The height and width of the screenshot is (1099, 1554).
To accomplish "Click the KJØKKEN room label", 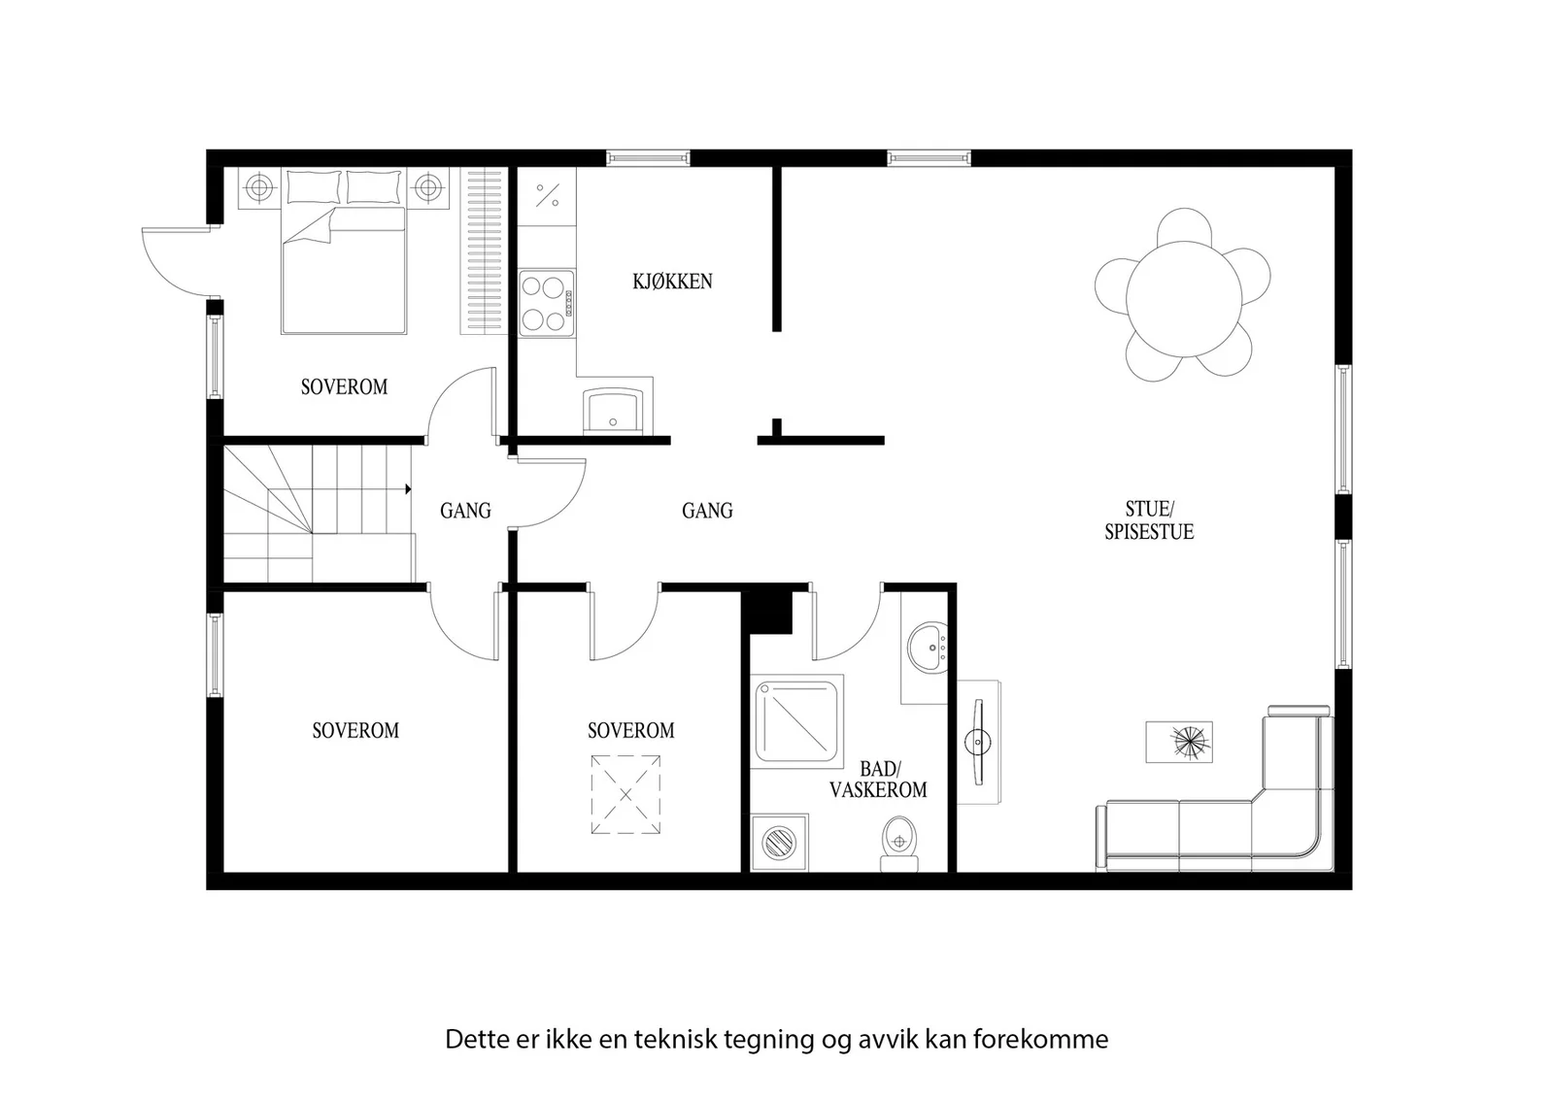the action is [x=672, y=282].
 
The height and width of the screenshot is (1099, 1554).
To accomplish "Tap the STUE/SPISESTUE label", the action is [x=1149, y=520].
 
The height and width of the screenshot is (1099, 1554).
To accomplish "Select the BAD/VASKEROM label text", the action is [x=878, y=780].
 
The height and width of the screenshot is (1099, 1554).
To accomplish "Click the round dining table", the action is [x=1184, y=299].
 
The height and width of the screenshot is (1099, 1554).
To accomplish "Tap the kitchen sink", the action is [x=613, y=411].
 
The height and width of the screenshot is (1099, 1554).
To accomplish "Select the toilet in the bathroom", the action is [x=899, y=844].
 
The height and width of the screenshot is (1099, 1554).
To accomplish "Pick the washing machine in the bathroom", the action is [x=780, y=843].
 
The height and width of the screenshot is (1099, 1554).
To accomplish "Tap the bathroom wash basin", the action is [x=929, y=647].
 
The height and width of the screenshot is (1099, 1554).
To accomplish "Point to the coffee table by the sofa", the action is [x=1179, y=742].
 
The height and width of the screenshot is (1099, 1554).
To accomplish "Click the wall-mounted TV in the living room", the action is [x=978, y=742].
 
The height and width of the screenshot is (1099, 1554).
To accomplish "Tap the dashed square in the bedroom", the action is [x=625, y=794].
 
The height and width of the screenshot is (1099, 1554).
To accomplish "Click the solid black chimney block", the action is [x=767, y=610].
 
